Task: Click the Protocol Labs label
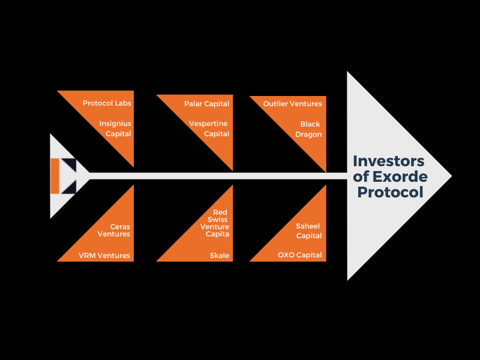point(107,103)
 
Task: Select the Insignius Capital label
point(115,128)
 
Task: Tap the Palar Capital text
point(206,104)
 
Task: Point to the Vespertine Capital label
point(209,128)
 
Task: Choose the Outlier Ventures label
point(292,104)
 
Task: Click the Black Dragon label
point(308,129)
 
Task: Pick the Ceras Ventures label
point(114,230)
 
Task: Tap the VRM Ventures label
point(104,256)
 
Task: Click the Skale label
point(219,256)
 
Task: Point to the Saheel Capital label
point(308,231)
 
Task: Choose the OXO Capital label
point(299,255)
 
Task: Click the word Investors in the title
point(389,161)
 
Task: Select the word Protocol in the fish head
point(391,192)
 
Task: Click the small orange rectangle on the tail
point(55,176)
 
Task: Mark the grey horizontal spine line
point(216,176)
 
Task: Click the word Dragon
point(308,134)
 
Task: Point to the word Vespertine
point(209,124)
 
